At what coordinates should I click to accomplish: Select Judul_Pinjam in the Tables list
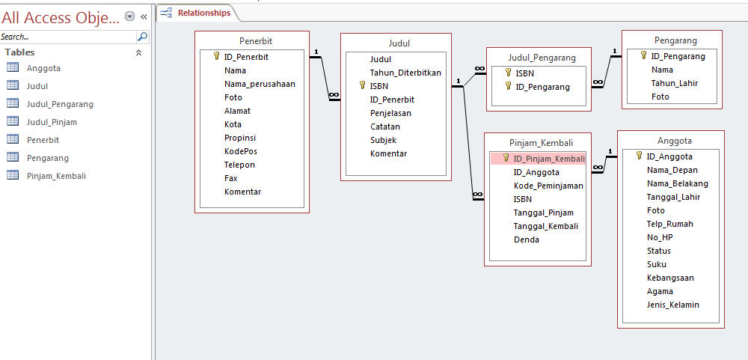click(52, 122)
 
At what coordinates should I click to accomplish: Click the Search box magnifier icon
click(142, 36)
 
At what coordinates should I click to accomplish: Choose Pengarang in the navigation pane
click(47, 158)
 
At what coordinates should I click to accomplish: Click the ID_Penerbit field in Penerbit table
click(246, 57)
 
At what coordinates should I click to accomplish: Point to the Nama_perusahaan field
click(260, 84)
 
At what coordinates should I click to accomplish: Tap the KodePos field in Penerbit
click(240, 151)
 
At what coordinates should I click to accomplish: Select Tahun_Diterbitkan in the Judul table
click(405, 73)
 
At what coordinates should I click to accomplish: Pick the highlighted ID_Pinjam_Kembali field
click(549, 159)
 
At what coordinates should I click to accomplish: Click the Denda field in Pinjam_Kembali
click(526, 240)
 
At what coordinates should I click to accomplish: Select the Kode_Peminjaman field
click(548, 186)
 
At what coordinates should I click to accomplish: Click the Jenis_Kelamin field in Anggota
click(672, 305)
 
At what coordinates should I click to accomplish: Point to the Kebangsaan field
click(670, 278)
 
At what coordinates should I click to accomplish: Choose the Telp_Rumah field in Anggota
click(669, 224)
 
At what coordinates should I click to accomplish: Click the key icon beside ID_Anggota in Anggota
click(639, 156)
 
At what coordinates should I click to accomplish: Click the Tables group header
click(20, 52)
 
